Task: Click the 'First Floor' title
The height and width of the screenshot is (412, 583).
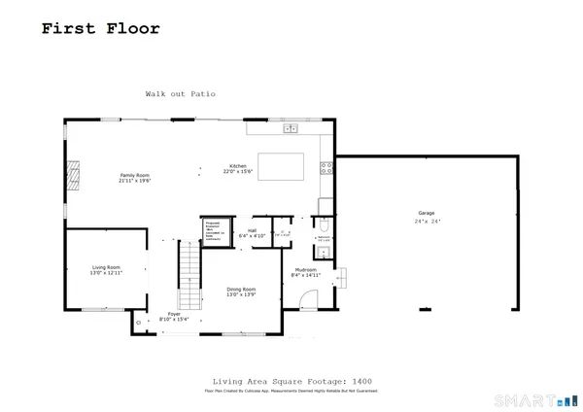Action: [100, 28]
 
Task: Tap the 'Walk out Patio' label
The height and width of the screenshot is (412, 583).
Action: [180, 94]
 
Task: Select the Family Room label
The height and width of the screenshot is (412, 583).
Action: [134, 175]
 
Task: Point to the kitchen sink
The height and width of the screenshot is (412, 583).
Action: [291, 128]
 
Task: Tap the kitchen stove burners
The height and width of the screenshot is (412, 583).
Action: [326, 166]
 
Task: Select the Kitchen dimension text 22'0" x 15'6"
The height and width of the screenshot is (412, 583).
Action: [238, 172]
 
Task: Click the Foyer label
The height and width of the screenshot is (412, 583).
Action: [174, 314]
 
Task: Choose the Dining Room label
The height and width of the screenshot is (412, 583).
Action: [241, 290]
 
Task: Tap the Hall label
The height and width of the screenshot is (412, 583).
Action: [252, 230]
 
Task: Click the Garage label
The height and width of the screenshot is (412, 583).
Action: [426, 213]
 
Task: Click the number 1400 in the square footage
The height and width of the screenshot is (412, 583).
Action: [362, 381]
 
